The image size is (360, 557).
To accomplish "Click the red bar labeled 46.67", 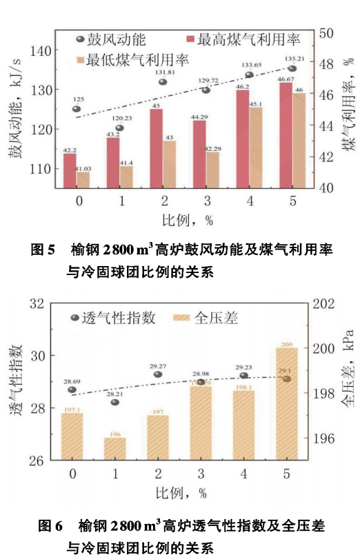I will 286,136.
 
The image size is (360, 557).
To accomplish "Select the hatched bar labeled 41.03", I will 83,180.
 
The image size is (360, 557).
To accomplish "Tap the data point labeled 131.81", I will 163,82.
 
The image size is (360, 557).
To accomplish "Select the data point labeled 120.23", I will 119,128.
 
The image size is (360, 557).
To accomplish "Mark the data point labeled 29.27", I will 158,374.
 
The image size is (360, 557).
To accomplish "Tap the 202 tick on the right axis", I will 330,303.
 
